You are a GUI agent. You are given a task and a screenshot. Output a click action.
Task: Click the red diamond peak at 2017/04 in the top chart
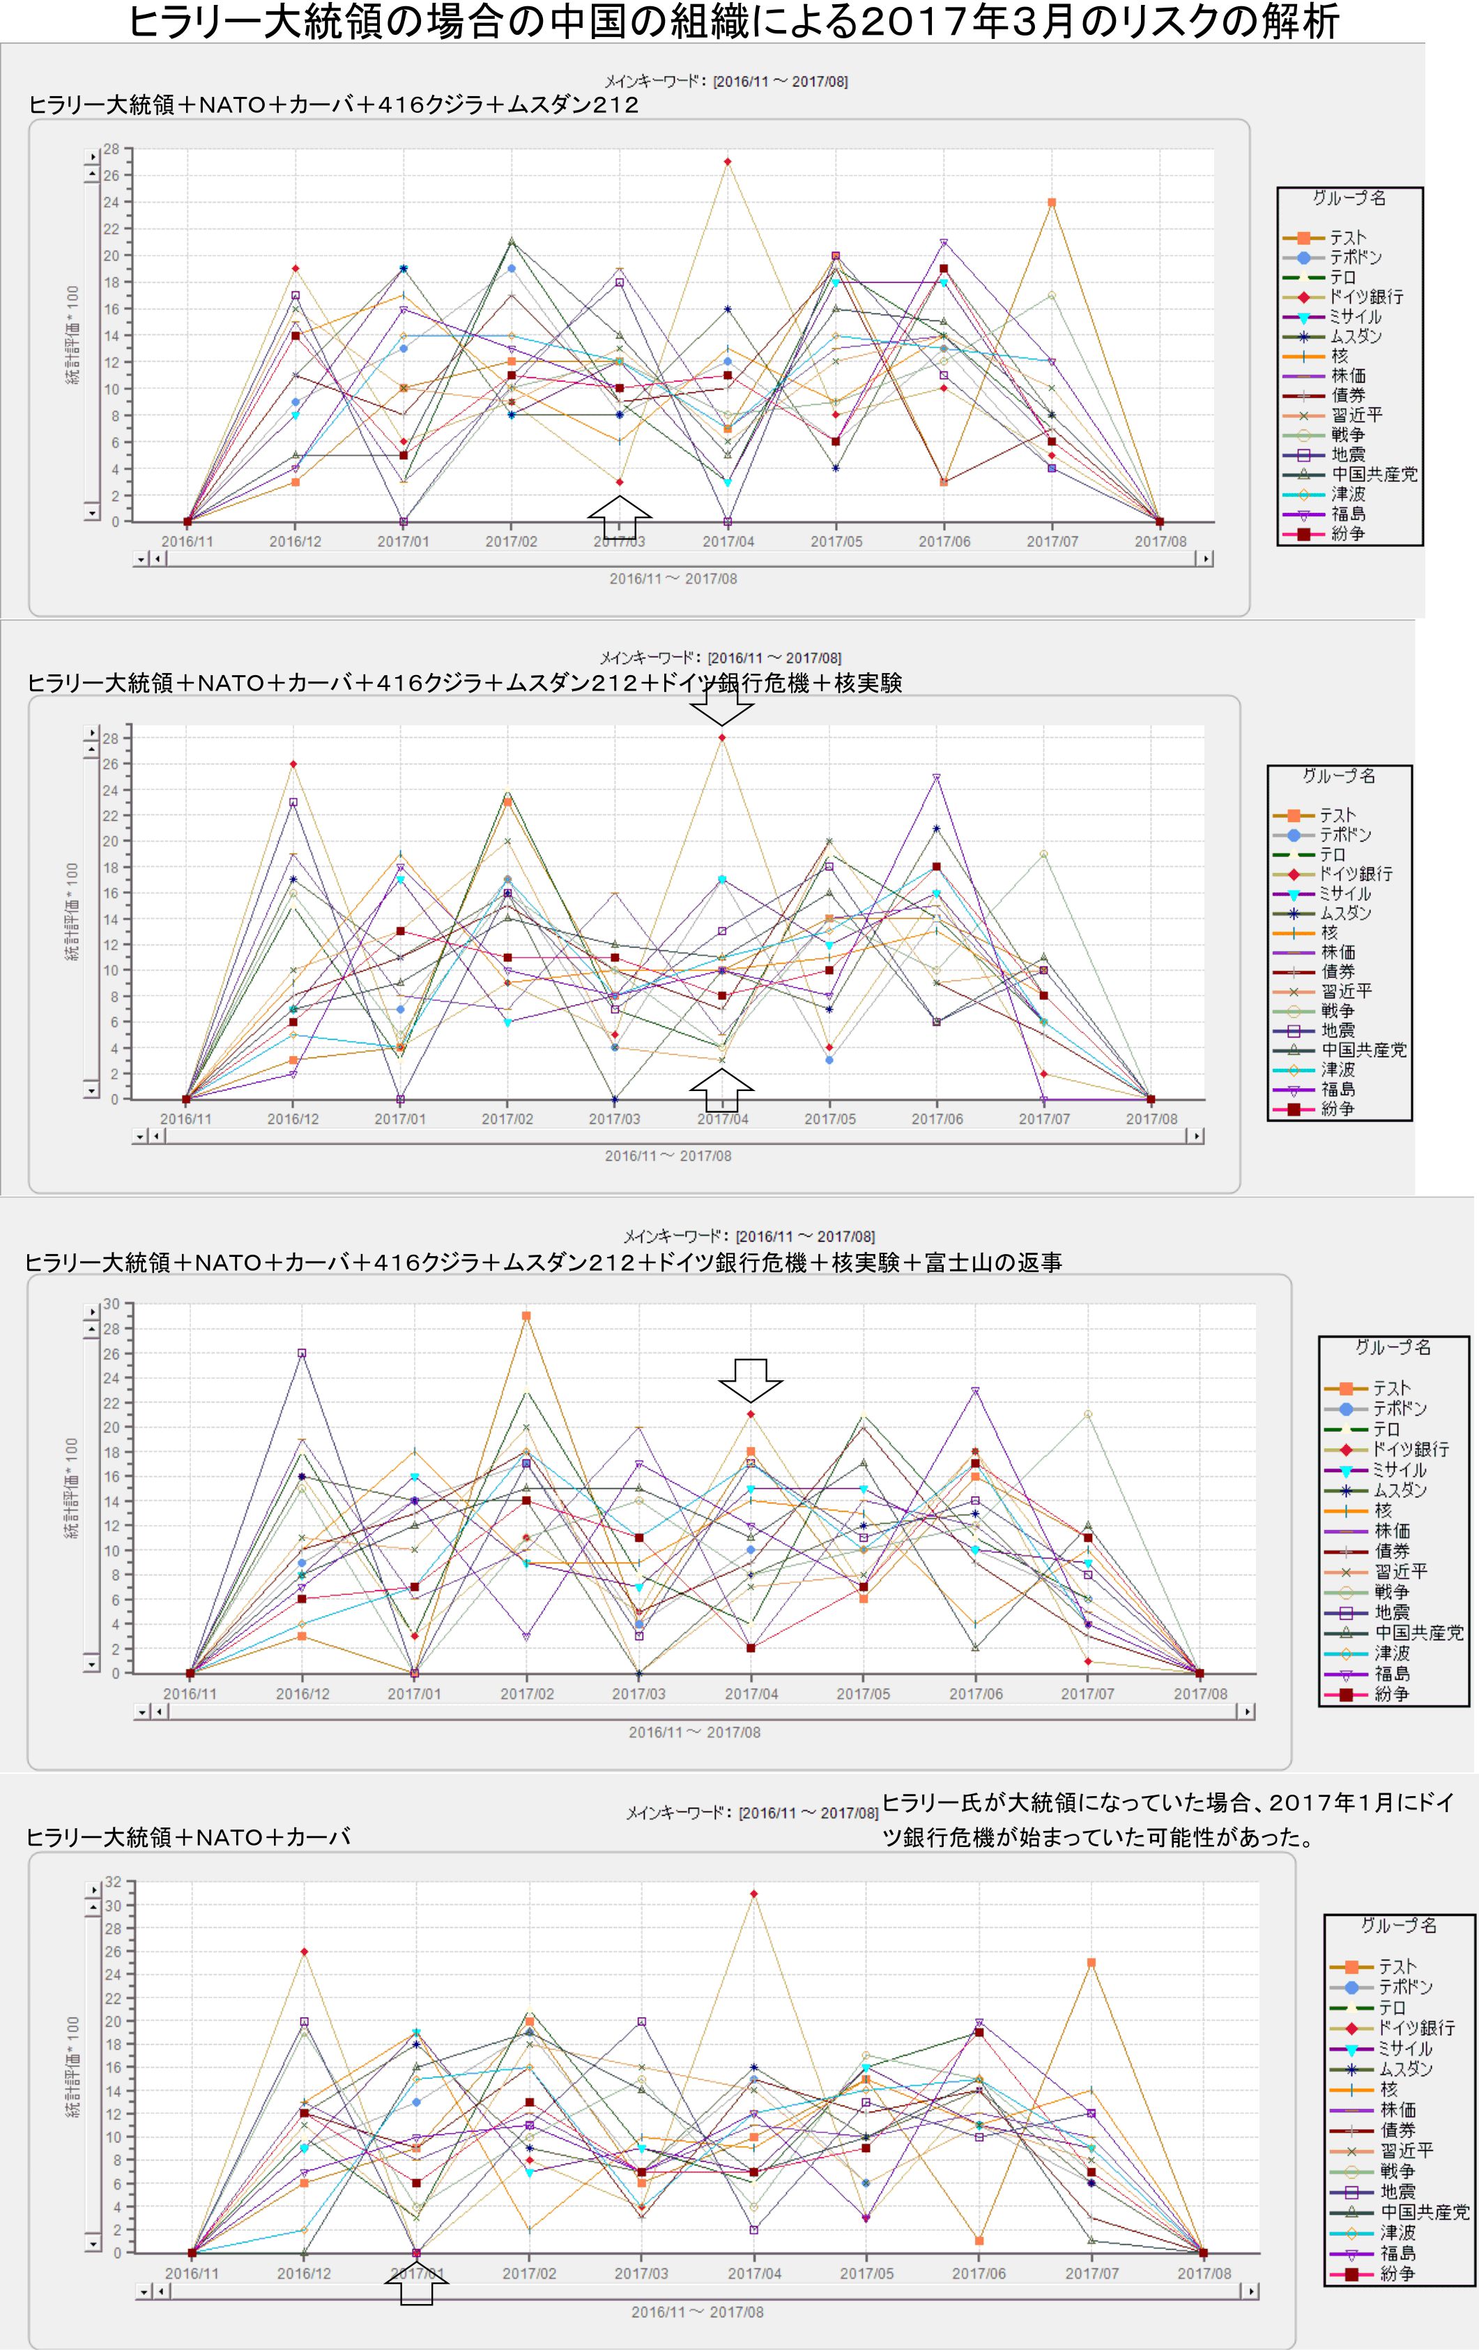[727, 162]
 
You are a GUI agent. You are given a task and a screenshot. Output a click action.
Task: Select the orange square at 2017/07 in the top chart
[1052, 203]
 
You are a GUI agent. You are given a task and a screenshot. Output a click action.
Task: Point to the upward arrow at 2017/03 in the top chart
[619, 516]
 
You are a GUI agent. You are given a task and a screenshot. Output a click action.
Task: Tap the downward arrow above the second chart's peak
[721, 704]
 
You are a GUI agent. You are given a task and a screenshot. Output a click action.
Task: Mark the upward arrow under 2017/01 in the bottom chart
[417, 2282]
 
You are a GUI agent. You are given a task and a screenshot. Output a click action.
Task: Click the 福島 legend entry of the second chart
[1338, 1089]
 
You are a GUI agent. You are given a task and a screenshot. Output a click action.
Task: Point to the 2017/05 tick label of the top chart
[836, 541]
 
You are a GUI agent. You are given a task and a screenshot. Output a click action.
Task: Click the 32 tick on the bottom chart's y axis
[112, 1883]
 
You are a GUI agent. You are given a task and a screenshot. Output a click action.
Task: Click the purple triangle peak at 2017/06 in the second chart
[936, 778]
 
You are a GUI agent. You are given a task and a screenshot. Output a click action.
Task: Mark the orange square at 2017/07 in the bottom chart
[1091, 1963]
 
